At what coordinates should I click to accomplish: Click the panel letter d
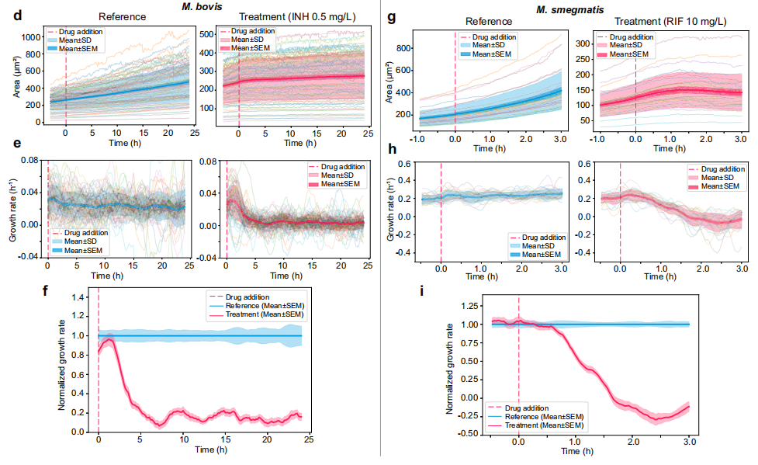(9, 15)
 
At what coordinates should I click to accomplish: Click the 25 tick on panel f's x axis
(308, 440)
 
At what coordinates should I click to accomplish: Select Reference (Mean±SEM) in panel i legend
(543, 418)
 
